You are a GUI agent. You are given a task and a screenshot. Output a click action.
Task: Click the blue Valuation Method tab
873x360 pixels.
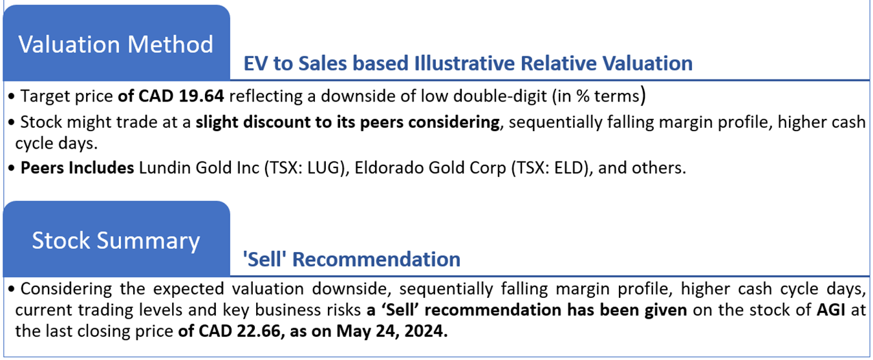116,43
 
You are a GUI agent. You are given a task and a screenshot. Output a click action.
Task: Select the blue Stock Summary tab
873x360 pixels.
116,239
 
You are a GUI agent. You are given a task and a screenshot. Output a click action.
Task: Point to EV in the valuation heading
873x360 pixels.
255,63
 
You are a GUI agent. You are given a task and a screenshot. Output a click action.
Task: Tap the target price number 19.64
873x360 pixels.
201,96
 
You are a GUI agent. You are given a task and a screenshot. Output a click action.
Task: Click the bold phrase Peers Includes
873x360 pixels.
77,168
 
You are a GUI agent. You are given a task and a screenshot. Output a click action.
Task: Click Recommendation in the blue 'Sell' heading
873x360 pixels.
376,259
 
